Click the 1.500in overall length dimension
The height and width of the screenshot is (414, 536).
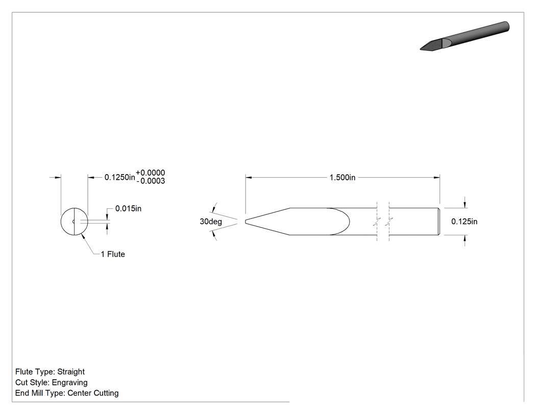pos(342,178)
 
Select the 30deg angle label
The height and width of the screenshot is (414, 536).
pos(210,222)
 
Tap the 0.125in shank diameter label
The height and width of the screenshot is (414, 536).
pos(464,222)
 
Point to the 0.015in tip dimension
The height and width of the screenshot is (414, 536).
pos(128,209)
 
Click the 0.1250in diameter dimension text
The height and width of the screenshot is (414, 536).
pos(119,177)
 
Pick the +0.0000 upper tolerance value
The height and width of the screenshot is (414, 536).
pos(151,173)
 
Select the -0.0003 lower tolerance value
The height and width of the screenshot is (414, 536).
pos(151,181)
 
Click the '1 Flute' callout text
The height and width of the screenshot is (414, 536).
pos(113,254)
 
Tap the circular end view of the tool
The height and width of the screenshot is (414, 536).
pos(74,222)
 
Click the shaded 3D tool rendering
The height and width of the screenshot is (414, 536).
pos(465,36)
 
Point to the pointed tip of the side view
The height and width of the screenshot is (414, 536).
pos(246,222)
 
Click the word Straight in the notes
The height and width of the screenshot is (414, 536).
pos(71,372)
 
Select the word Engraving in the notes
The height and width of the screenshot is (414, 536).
pos(70,382)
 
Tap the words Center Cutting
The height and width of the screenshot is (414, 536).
pos(93,393)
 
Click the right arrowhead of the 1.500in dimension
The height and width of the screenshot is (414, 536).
pos(437,178)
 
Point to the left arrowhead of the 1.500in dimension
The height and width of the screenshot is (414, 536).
pos(249,178)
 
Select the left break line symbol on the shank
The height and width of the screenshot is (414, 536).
pos(377,222)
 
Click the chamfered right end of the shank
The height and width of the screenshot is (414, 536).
pos(439,222)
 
